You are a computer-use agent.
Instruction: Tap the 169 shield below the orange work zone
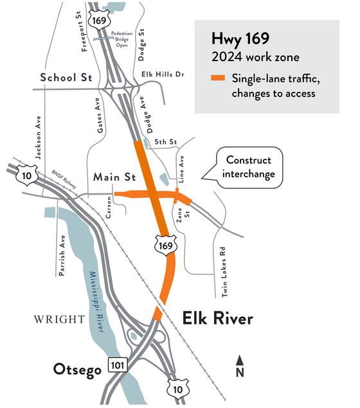[165, 244]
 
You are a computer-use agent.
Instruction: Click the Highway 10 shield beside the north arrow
[176, 388]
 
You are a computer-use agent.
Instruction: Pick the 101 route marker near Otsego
[120, 365]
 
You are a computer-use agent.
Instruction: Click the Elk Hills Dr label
[162, 75]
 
